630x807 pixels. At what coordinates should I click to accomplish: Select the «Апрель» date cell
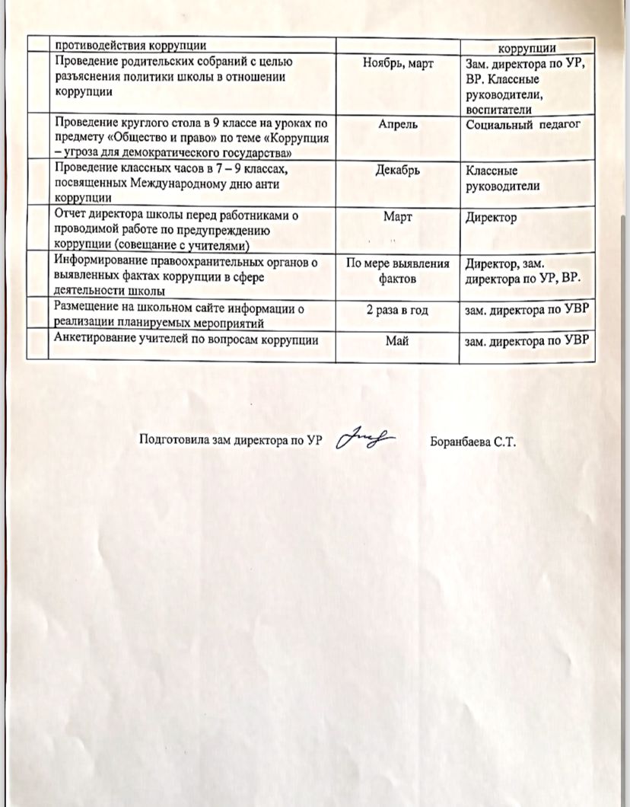398,124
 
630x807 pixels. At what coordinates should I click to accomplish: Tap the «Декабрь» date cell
398,171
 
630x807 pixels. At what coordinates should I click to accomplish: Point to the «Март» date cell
398,217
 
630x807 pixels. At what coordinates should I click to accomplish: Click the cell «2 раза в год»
397,308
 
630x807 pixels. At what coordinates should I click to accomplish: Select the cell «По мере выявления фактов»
398,271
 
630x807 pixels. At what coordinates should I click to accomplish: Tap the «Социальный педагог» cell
522,124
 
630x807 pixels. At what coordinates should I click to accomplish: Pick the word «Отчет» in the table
69,216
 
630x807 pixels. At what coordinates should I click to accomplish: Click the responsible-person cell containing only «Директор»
491,218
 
